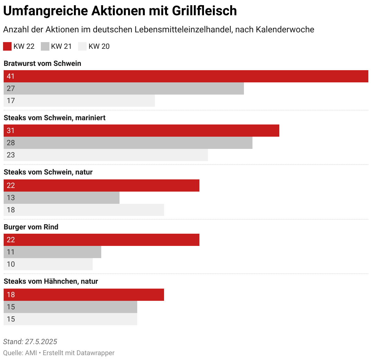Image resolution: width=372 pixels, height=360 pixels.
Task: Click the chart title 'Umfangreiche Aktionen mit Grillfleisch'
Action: click(x=120, y=11)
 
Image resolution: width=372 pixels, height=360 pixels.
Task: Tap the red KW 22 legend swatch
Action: click(x=7, y=46)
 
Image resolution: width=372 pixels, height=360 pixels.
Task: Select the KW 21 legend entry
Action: click(x=56, y=46)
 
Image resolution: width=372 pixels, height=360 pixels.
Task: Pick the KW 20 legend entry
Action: click(x=94, y=46)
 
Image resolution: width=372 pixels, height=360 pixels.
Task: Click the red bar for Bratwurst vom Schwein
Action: click(x=186, y=76)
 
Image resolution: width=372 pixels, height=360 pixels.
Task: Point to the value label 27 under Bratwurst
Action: click(x=11, y=88)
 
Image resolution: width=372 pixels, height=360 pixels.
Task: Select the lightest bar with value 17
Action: click(x=79, y=101)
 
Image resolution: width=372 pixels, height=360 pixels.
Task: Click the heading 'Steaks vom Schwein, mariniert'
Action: click(x=55, y=118)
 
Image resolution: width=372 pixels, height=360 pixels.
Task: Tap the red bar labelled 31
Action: click(x=141, y=131)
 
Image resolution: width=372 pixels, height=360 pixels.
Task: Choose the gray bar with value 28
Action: click(x=128, y=143)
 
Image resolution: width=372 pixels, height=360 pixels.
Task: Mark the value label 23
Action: click(x=11, y=155)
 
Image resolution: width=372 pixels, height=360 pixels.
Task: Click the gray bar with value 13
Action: click(x=62, y=198)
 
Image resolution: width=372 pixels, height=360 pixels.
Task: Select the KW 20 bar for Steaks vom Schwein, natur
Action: click(x=84, y=210)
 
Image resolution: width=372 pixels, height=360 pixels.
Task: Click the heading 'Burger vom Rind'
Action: click(x=31, y=227)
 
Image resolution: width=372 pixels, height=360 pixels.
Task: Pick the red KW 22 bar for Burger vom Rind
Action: click(x=102, y=240)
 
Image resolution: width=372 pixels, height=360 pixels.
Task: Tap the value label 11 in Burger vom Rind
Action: click(x=11, y=252)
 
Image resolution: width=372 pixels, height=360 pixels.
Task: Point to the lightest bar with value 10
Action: click(x=48, y=264)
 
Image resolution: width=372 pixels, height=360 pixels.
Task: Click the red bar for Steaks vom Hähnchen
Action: click(x=84, y=295)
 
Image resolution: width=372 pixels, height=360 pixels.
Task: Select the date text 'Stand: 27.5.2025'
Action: click(x=30, y=342)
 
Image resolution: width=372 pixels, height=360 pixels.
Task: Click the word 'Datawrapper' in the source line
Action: click(x=95, y=353)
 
